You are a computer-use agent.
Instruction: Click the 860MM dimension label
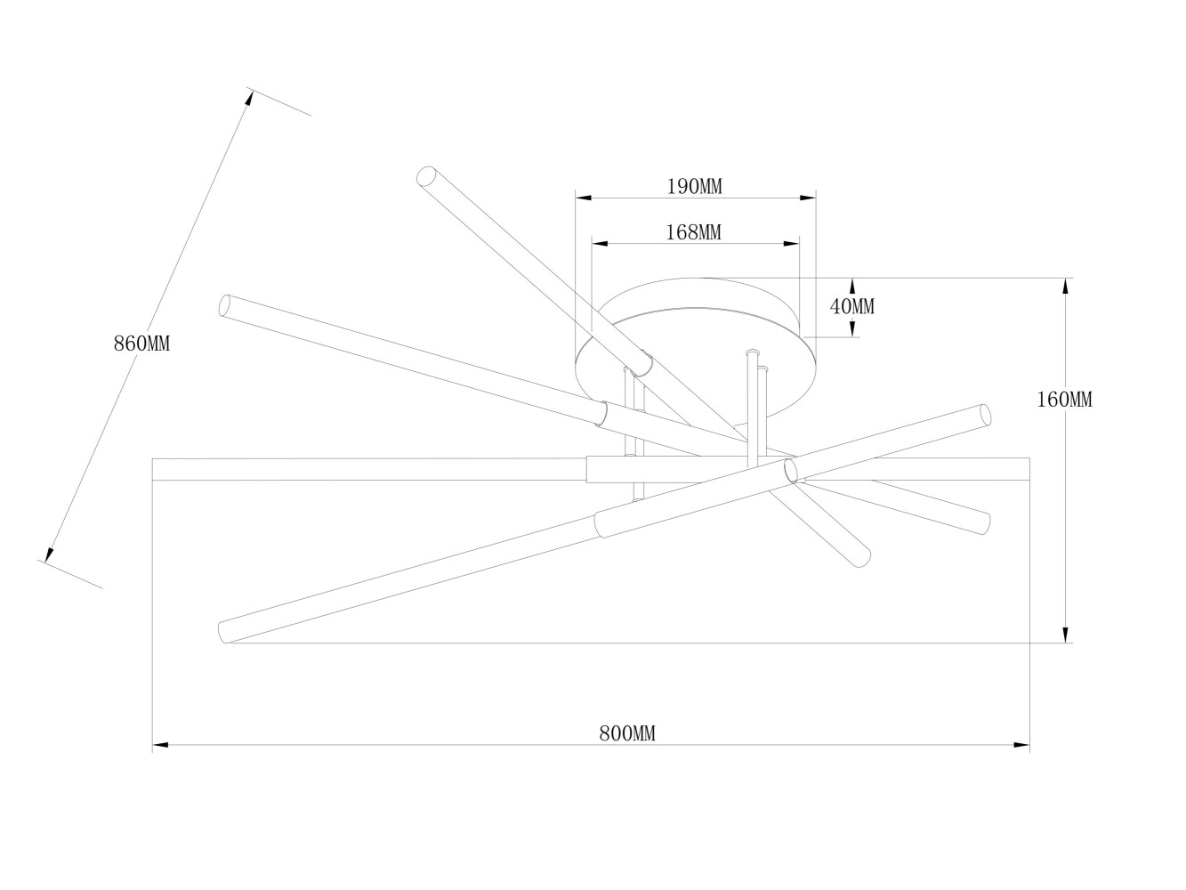141,344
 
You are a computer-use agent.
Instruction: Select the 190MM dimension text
694,186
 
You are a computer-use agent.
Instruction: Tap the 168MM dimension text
694,232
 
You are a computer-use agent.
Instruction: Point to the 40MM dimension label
852,306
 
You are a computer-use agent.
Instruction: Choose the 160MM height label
1064,400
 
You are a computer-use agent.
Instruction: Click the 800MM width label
627,733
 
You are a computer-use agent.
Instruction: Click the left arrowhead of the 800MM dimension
160,745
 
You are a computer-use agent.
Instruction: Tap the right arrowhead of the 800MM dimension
1021,745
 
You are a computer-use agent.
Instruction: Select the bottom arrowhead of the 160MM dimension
1066,635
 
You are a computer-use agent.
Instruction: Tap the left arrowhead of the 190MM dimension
584,198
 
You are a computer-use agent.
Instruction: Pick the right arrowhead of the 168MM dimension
791,244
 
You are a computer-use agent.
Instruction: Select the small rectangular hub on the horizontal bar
614,470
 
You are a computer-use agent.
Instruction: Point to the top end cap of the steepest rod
427,175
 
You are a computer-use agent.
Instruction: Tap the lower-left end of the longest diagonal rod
223,632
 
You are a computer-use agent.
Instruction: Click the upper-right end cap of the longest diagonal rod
986,415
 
